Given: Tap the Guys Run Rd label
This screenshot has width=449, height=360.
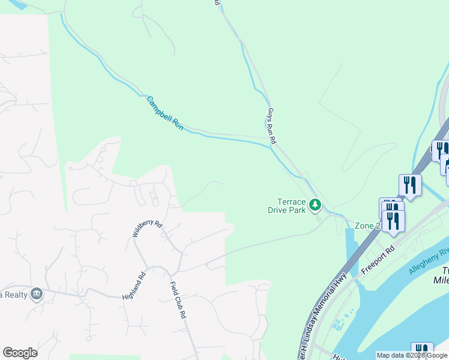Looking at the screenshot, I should pos(271,125).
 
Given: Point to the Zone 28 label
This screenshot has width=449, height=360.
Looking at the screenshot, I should pos(367,226).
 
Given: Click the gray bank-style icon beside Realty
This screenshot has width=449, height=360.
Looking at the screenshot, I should pos(37,294).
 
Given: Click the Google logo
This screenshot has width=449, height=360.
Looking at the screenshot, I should pos(20,353).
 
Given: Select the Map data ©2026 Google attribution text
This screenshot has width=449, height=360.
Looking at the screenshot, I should pos(412,356).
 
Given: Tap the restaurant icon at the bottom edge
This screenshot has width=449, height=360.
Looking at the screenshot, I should pos(422,352).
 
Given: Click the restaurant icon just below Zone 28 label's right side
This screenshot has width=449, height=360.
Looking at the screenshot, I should pos(393,220).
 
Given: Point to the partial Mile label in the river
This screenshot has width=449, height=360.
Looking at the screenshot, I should pos(441,280).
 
